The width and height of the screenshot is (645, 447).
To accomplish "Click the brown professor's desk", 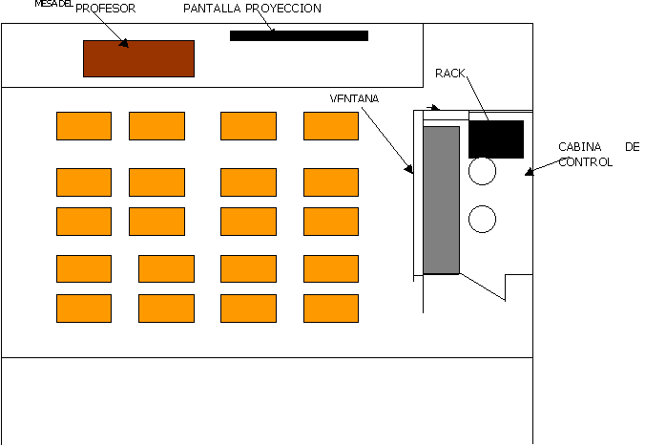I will pyautogui.click(x=138, y=58).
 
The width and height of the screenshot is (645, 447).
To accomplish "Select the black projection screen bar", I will pyautogui.click(x=299, y=36).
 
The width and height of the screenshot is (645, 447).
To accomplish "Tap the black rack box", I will pyautogui.click(x=496, y=138).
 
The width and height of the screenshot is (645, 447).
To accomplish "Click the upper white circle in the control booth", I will pyautogui.click(x=483, y=171).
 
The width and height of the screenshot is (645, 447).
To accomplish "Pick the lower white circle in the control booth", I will pyautogui.click(x=483, y=219).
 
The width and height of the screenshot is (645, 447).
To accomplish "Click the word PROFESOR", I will pyautogui.click(x=105, y=9).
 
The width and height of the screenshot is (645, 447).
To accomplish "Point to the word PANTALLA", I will pyautogui.click(x=213, y=9).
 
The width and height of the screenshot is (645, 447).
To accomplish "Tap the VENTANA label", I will pyautogui.click(x=354, y=98).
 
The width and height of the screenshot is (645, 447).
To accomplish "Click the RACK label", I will pyautogui.click(x=450, y=73).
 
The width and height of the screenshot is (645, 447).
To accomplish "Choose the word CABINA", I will pyautogui.click(x=580, y=147).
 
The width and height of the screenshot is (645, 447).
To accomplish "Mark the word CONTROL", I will pyautogui.click(x=585, y=162).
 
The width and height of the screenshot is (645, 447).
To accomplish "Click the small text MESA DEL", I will pyautogui.click(x=53, y=4).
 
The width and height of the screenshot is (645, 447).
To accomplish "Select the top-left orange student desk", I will pyautogui.click(x=84, y=126).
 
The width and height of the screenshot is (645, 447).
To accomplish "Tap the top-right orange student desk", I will pyautogui.click(x=331, y=126).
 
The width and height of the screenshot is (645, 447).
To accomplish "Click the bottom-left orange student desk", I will pyautogui.click(x=84, y=309).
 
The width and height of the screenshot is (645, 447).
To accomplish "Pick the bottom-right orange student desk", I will pyautogui.click(x=331, y=309).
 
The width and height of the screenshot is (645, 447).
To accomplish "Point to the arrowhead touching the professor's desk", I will pyautogui.click(x=124, y=43).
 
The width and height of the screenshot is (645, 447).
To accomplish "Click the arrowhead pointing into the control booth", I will pyautogui.click(x=529, y=172).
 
